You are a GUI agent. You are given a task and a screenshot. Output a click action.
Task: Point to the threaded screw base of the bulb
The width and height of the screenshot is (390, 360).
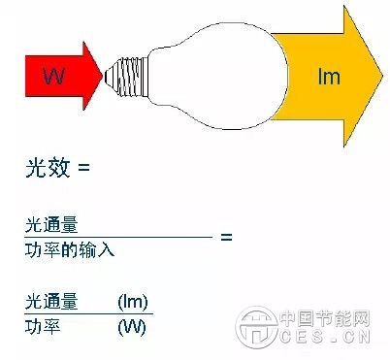(120, 74)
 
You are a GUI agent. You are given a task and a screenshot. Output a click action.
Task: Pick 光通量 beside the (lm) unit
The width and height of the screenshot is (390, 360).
(51, 302)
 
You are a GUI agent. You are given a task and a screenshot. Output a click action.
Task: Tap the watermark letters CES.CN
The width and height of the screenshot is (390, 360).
(330, 339)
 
